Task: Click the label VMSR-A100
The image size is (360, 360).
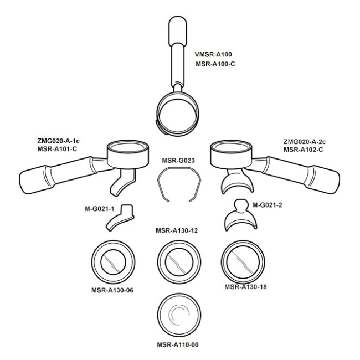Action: click(213, 54)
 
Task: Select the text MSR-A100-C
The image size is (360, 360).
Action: click(215, 64)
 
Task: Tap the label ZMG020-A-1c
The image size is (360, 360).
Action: click(58, 141)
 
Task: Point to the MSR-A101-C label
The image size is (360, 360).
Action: click(57, 149)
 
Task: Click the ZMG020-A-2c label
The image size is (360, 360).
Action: click(305, 142)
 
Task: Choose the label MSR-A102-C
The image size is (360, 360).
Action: click(304, 150)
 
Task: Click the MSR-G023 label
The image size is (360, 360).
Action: click(178, 160)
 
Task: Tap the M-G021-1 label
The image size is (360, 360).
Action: click(99, 209)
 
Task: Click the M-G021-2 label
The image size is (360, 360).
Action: click(268, 205)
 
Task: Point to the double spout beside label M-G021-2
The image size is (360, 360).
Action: click(240, 215)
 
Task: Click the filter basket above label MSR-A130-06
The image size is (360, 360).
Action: click(113, 262)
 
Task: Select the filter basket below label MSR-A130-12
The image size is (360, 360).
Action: click(179, 262)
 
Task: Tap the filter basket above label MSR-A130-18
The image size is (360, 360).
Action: click(243, 262)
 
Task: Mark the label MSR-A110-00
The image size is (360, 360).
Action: click(178, 344)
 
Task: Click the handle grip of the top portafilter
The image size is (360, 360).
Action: click(177, 31)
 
